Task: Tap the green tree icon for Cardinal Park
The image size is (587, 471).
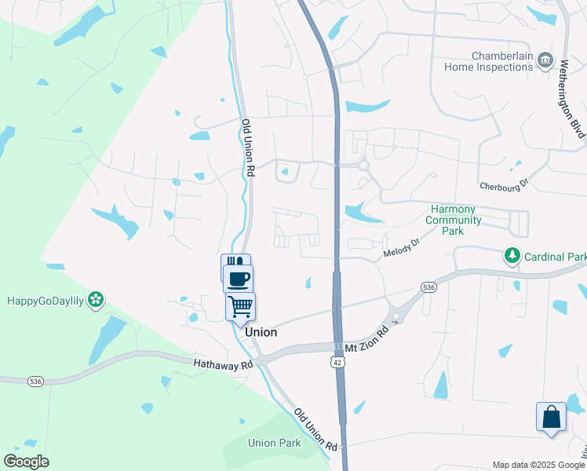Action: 512,257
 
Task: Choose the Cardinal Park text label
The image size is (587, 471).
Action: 556,257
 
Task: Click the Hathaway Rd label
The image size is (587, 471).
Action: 224,363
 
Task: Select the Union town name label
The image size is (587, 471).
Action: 261,332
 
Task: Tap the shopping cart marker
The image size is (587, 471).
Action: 240,305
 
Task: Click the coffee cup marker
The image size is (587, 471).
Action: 239,278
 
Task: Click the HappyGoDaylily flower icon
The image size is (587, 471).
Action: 97,299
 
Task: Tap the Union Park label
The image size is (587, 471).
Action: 274,443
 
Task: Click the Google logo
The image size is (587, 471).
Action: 26,462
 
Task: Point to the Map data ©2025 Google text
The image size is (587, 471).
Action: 538,465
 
